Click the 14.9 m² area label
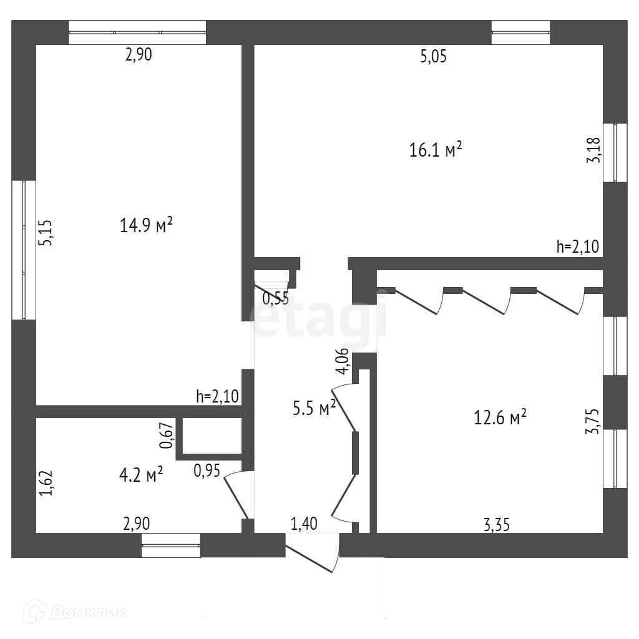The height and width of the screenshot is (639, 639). pyautogui.click(x=146, y=225)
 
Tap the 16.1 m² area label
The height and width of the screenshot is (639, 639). pyautogui.click(x=436, y=150)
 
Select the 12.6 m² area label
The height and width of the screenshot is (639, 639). pyautogui.click(x=500, y=417)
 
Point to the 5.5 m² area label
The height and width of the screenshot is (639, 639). pyautogui.click(x=315, y=408)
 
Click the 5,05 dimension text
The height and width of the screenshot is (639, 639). pyautogui.click(x=434, y=57)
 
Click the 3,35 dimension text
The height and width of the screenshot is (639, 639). pyautogui.click(x=497, y=525)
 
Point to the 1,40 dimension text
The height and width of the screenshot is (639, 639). pyautogui.click(x=304, y=524)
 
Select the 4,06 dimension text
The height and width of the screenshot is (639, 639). pyautogui.click(x=341, y=362)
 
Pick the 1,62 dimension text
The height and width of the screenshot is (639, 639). pyautogui.click(x=46, y=483)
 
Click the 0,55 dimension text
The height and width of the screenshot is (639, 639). pyautogui.click(x=275, y=298)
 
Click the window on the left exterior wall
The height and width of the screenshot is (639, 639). pyautogui.click(x=24, y=250)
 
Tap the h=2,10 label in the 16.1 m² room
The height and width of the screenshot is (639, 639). pyautogui.click(x=577, y=246)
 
